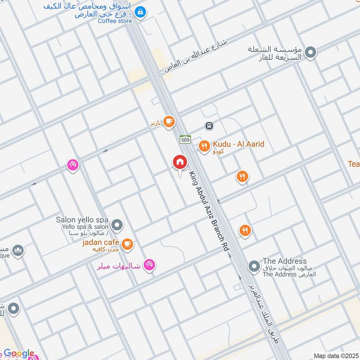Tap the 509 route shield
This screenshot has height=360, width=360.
[184, 140]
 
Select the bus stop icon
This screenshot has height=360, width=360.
[209, 126]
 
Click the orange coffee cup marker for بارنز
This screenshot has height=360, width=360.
[169, 121]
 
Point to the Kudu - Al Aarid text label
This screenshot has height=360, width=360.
[238, 144]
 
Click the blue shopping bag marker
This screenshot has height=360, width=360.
[140, 12]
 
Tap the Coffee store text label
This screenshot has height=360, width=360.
[115, 21]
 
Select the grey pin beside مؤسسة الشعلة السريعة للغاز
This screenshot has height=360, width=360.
[310, 54]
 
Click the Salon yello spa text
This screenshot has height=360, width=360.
[82, 220]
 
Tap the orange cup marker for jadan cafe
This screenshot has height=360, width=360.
[128, 243]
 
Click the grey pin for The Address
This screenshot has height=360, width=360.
[254, 266]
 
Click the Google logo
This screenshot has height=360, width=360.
[19, 354]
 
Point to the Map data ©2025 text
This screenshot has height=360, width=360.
[335, 355]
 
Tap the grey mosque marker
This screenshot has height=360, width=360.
[18, 250]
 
